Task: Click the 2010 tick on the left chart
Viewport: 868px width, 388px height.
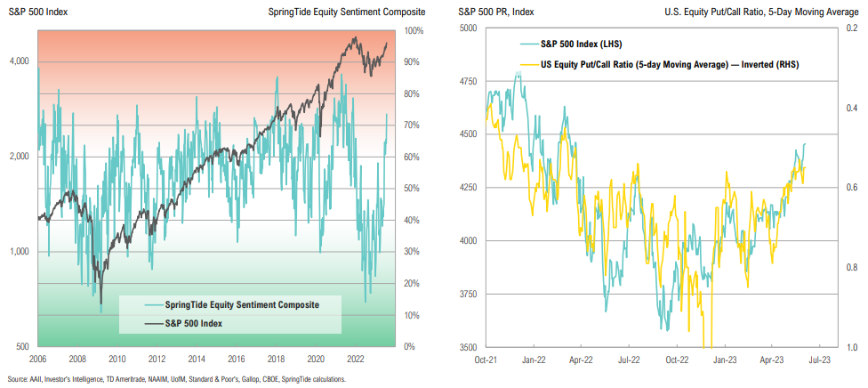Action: tap(117, 360)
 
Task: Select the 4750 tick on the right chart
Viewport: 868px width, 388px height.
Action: tap(467, 81)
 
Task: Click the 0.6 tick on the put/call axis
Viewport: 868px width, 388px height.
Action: tap(851, 188)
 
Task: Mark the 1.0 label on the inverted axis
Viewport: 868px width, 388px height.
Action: tap(851, 347)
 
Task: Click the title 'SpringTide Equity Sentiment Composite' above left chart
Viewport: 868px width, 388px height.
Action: tap(346, 12)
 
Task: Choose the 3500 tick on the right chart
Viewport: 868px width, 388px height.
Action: tap(467, 347)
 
